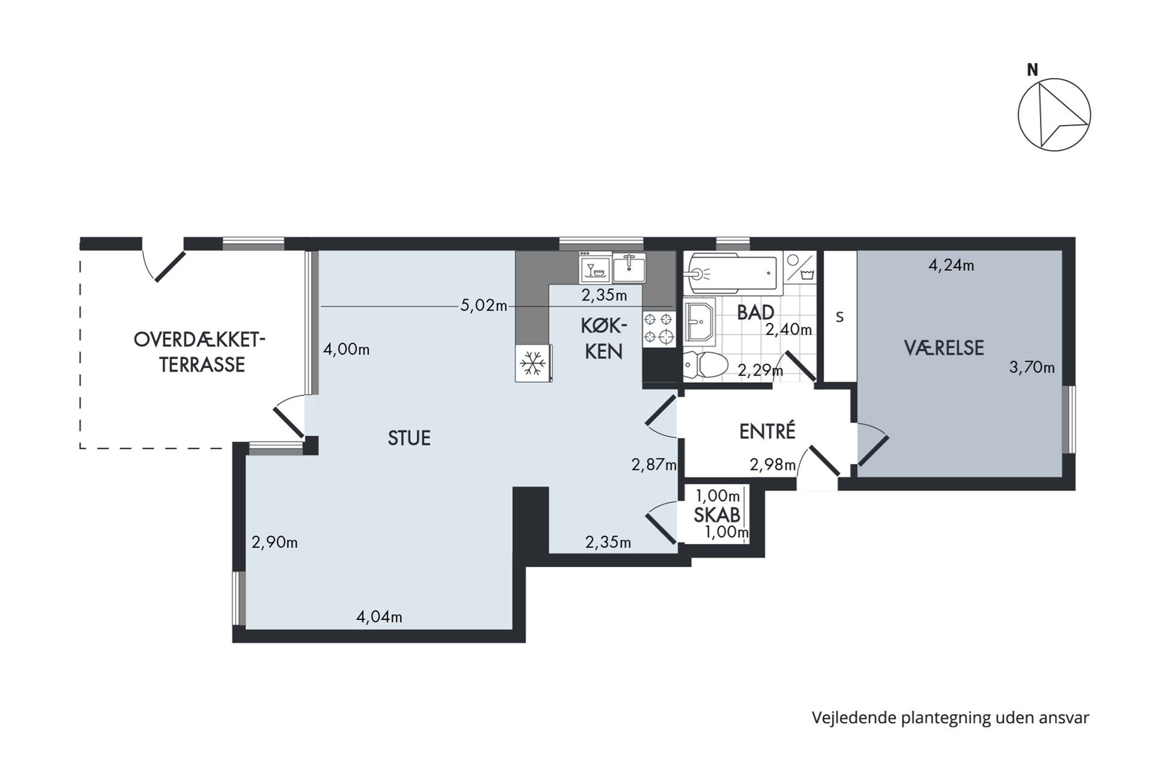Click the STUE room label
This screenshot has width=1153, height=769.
point(409,438)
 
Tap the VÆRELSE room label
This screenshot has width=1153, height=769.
point(943,347)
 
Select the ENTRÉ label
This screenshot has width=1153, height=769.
point(767,431)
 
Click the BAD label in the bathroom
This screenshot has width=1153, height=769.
point(755,312)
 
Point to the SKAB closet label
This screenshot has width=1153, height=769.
point(716,515)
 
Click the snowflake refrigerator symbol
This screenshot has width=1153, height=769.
point(533,363)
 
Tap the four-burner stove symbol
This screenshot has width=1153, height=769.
point(659,329)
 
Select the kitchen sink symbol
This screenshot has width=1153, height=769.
point(629,268)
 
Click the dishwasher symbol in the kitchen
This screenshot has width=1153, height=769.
point(595,268)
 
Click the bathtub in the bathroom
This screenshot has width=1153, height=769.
point(732,273)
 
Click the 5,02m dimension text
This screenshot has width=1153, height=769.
point(483,305)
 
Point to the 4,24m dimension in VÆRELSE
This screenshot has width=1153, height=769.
point(951,265)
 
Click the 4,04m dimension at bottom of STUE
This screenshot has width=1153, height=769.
point(379,616)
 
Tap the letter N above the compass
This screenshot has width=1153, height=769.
point(1032,70)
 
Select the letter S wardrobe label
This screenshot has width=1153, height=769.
point(840,317)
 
